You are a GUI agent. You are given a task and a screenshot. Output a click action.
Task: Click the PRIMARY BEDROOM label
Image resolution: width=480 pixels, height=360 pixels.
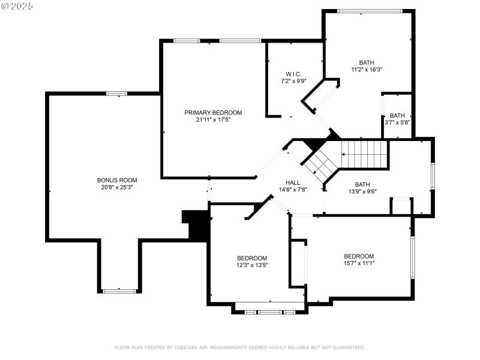point(213,113)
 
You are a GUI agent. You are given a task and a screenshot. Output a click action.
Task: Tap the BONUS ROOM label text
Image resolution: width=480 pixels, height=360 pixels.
point(117,180)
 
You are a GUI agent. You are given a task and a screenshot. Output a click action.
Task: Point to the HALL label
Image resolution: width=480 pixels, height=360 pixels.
point(293,182)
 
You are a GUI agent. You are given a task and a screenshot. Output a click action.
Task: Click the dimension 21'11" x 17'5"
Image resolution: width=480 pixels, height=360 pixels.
point(213,120)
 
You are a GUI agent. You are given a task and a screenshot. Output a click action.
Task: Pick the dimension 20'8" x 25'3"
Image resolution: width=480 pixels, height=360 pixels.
point(117,187)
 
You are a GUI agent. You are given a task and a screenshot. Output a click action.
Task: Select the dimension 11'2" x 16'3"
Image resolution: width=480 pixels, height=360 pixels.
point(367,70)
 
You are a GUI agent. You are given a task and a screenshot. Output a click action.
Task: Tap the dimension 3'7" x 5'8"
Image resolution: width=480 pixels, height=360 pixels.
point(397,122)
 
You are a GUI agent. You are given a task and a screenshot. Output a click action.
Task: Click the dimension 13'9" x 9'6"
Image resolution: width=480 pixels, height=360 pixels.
point(362,192)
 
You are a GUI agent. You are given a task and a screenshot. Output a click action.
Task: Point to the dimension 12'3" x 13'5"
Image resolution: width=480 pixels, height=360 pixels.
point(252,265)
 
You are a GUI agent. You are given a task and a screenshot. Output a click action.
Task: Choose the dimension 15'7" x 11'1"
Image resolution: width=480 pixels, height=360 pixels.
point(359,263)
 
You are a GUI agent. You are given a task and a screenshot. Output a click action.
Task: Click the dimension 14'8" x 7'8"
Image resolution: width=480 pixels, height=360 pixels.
point(293,190)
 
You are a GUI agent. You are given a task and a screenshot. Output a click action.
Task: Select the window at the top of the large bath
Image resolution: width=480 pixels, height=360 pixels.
point(370,11)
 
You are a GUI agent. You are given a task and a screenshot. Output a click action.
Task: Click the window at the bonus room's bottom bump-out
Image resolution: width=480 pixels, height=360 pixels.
point(119,291)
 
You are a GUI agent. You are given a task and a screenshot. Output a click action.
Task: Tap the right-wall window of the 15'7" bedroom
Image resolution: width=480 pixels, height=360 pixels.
point(412,257)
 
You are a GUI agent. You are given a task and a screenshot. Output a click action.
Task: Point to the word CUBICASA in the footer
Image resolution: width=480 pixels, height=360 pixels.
point(188,347)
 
